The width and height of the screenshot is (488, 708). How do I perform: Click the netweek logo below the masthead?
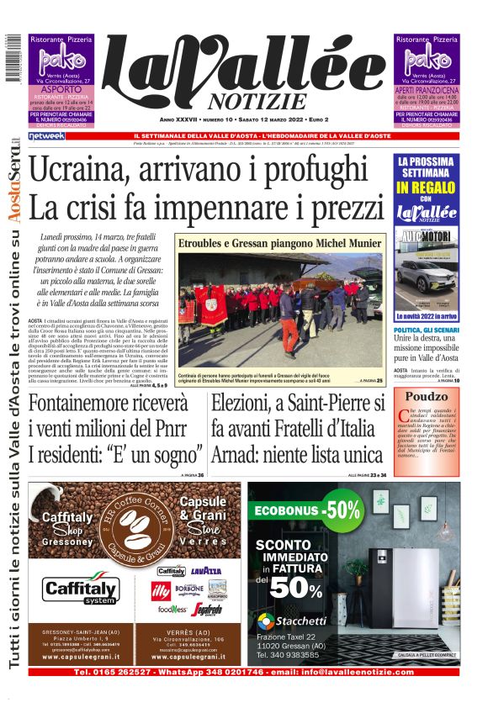pyautogui.click(x=46, y=135)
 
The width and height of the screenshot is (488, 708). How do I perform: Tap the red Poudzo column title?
pyautogui.click(x=429, y=396)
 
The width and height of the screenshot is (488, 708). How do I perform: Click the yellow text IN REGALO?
pyautogui.click(x=427, y=187)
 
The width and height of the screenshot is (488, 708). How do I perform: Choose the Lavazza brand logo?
pyautogui.click(x=206, y=570)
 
